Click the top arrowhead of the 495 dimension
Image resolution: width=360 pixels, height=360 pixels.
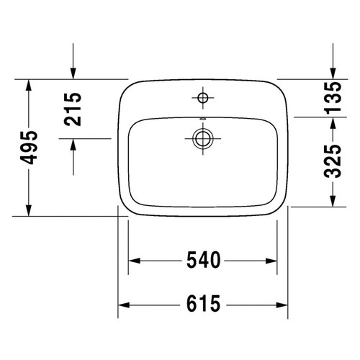(x=29, y=84)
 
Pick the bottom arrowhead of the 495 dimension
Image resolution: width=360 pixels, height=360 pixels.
(x=29, y=210)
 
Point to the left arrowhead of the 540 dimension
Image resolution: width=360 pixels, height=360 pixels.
(x=134, y=259)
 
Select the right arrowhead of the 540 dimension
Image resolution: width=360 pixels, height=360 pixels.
(x=273, y=259)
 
